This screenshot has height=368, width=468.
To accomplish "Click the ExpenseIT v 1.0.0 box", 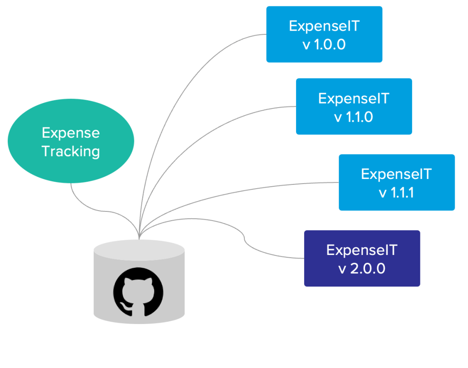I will pyautogui.click(x=324, y=34).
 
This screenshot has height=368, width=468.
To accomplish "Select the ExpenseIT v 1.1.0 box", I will pyautogui.click(x=354, y=107).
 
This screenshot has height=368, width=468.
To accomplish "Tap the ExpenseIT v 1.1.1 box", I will pyautogui.click(x=397, y=183).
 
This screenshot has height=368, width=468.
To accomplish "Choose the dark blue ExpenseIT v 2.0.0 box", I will pyautogui.click(x=362, y=259).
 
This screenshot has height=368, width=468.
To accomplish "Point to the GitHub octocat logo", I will pyautogui.click(x=138, y=293).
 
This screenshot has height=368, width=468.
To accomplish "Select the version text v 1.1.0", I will pyautogui.click(x=354, y=117).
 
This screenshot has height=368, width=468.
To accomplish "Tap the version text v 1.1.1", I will pyautogui.click(x=397, y=193).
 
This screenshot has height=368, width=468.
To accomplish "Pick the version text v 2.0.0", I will pyautogui.click(x=362, y=269).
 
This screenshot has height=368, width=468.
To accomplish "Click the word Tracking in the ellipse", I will pyautogui.click(x=71, y=151).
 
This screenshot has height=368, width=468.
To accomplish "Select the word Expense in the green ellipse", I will pyautogui.click(x=71, y=133).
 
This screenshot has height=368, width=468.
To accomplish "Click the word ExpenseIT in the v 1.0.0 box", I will pyautogui.click(x=324, y=26).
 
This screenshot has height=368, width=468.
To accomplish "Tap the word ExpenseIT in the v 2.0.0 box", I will pyautogui.click(x=362, y=250).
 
